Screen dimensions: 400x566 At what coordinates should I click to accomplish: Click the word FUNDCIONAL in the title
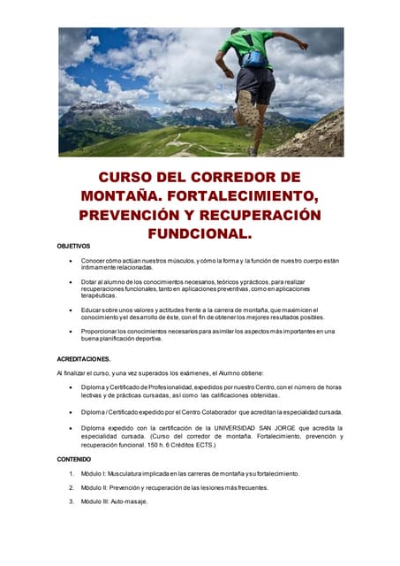click(200, 234)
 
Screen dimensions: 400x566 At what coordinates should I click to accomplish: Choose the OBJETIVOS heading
click(73, 246)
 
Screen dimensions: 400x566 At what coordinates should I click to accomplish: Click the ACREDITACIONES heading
click(84, 359)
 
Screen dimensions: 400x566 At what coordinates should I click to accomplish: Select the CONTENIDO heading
click(74, 460)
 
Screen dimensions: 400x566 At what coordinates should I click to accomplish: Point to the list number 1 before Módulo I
click(71, 474)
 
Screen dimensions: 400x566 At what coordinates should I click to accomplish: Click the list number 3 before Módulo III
click(71, 501)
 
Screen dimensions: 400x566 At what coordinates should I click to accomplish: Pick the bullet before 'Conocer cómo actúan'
click(70, 262)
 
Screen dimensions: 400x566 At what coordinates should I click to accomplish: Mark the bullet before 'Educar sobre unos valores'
click(70, 310)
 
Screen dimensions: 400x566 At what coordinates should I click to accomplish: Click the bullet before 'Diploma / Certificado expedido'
click(70, 412)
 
